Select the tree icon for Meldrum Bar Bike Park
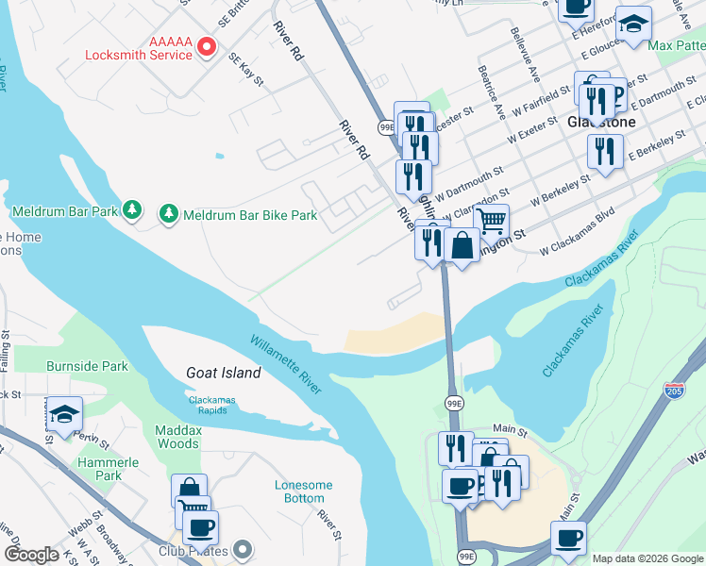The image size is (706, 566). tap(169, 214)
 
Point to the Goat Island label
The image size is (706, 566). tap(223, 373)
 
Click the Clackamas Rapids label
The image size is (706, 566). tap(219, 404)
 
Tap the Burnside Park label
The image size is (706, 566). tap(88, 365)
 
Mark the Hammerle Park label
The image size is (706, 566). tap(109, 469)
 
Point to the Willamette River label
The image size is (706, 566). tap(288, 364)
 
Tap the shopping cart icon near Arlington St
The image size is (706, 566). tap(490, 221)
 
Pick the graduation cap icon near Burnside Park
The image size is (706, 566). tap(63, 413)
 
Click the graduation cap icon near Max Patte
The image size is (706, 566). tap(633, 24)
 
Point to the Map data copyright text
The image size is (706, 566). tap(647, 558)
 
